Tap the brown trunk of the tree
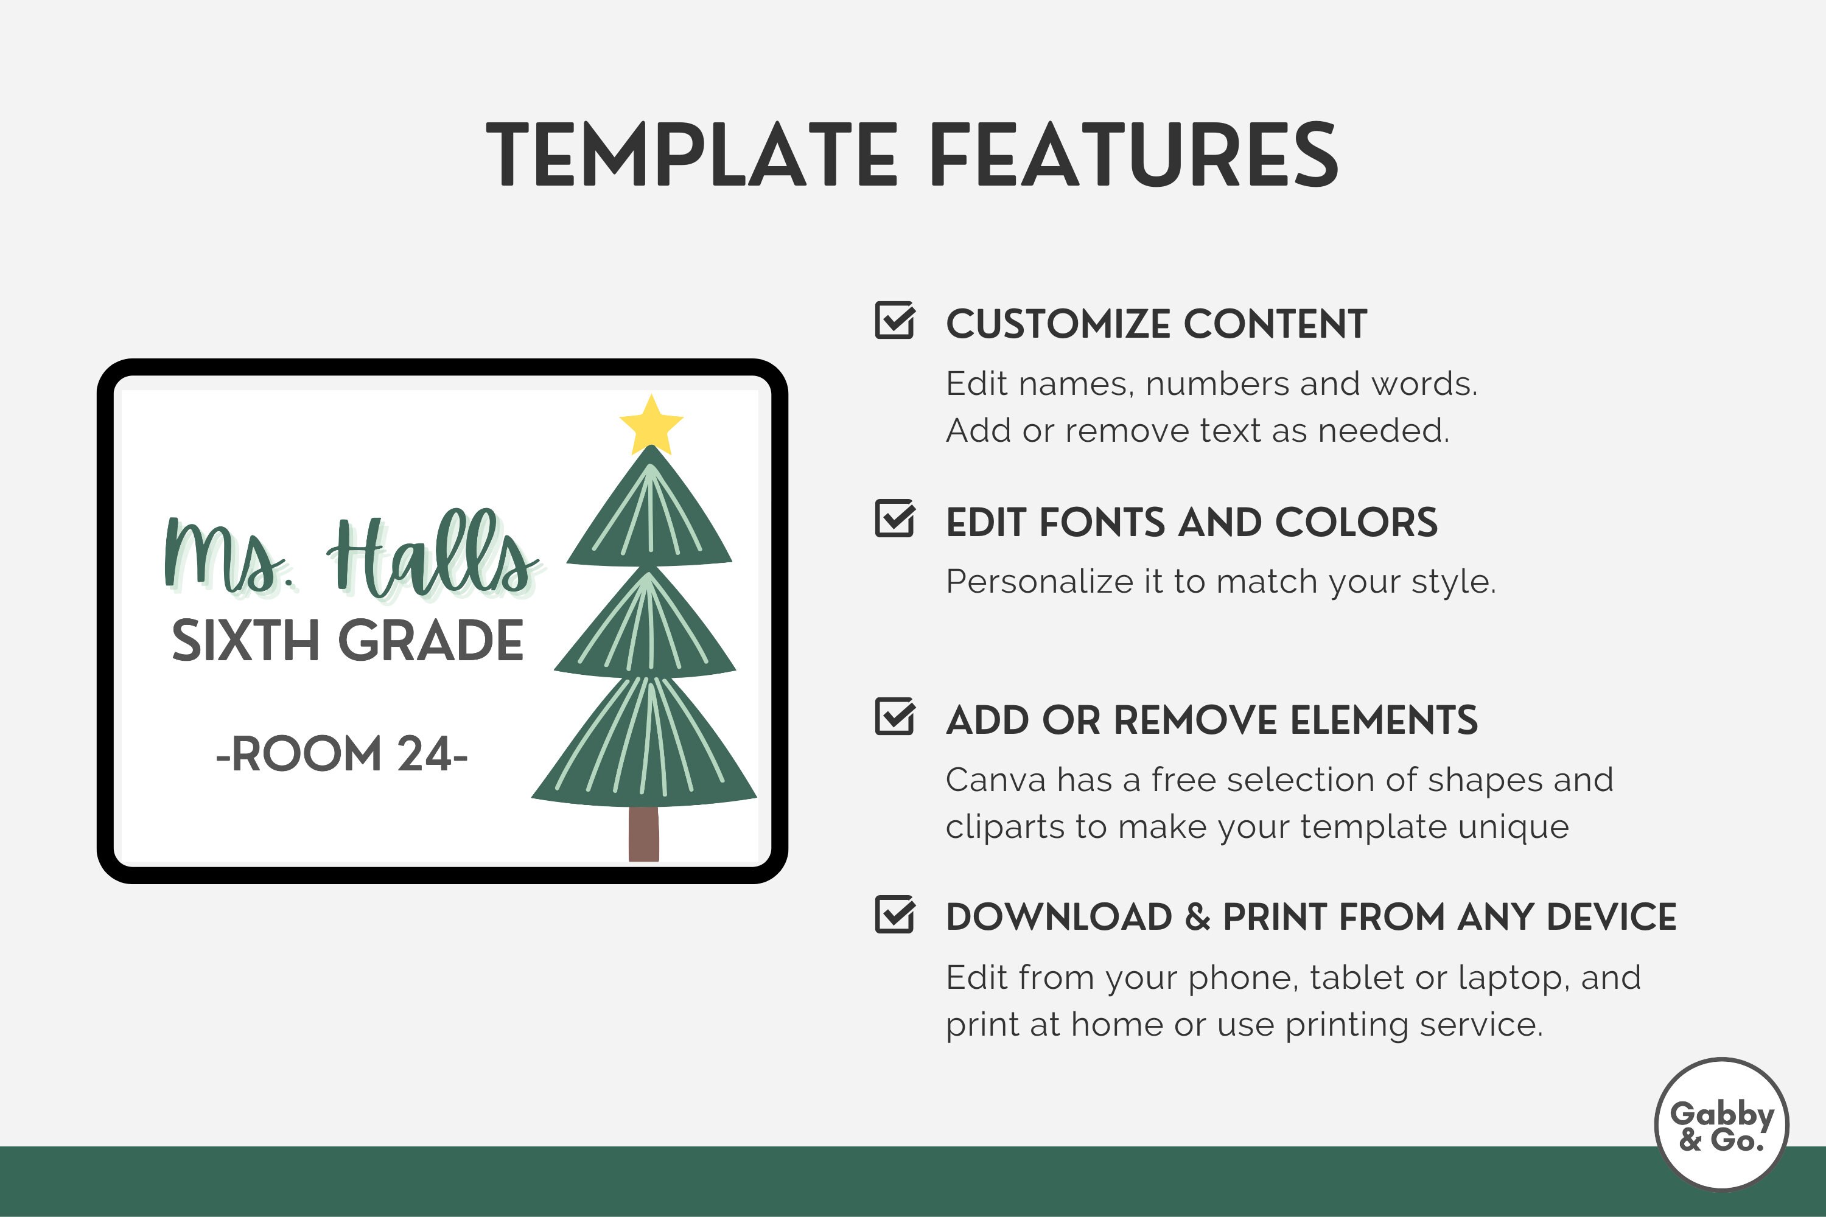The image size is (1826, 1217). coord(643,834)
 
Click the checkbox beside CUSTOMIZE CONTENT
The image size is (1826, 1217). coord(894,321)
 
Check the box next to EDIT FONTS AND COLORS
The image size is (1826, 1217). coord(894,518)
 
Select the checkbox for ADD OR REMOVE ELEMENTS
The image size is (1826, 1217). coord(894,716)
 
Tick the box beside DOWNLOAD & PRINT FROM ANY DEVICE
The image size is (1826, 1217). coord(894,915)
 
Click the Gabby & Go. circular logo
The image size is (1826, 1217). coord(1721,1125)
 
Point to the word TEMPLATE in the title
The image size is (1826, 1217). coord(691,155)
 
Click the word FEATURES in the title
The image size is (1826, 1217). coord(1133,155)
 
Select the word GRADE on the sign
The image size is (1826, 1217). coord(431,641)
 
